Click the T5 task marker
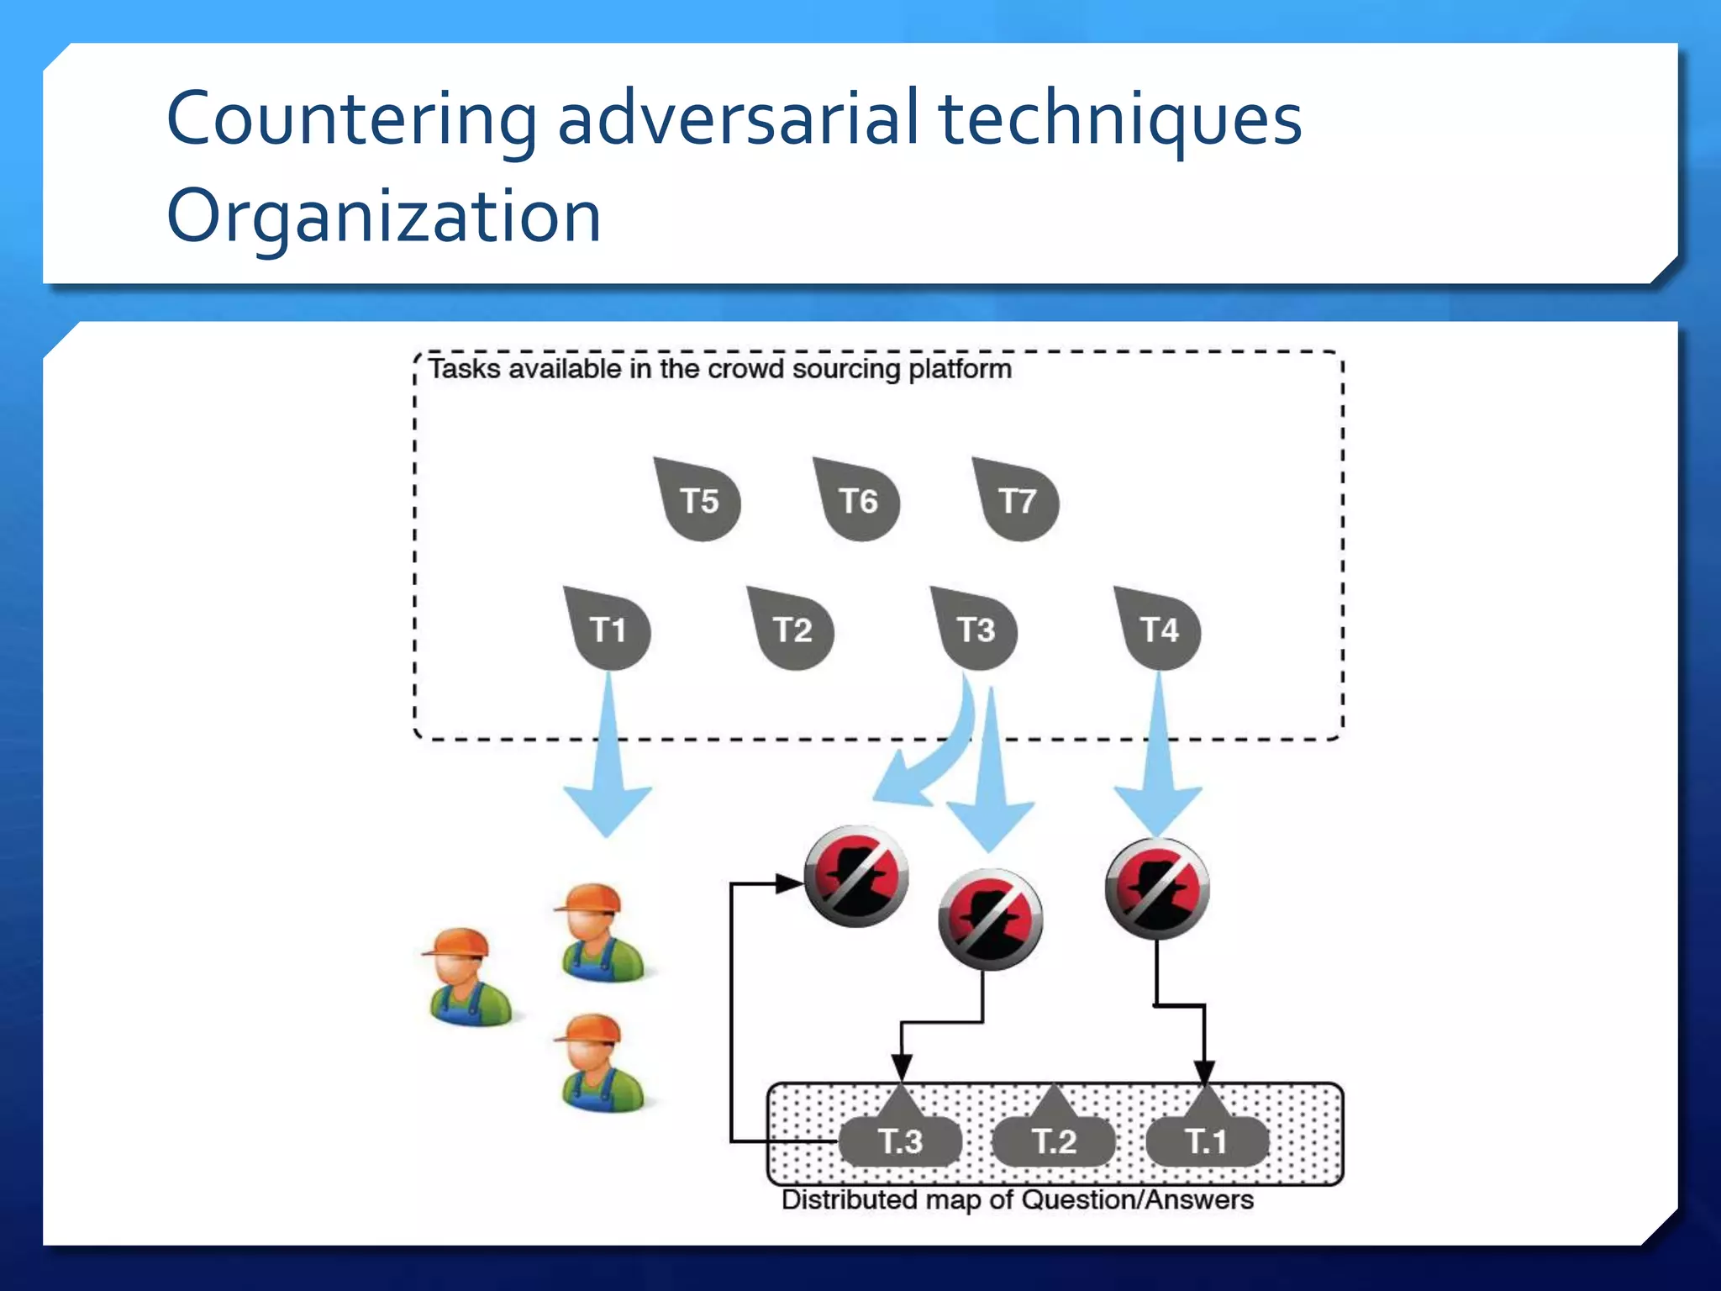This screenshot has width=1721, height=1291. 698,501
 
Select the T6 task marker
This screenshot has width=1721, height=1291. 857,501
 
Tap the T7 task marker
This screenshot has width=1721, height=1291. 1017,501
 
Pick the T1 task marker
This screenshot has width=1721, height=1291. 608,630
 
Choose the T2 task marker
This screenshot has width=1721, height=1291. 792,630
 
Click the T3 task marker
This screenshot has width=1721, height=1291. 975,630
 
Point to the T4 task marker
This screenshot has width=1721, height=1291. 1159,630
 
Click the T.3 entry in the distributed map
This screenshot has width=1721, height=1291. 900,1141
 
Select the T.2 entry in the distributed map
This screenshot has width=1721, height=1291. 1054,1141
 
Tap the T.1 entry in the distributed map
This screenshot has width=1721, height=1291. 1207,1141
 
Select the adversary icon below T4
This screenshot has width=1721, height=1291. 1157,888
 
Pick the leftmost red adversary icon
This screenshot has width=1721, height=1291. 856,876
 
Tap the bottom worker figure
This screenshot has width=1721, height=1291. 598,1062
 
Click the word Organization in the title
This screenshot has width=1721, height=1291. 384,216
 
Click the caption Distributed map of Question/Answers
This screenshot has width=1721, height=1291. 1017,1199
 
